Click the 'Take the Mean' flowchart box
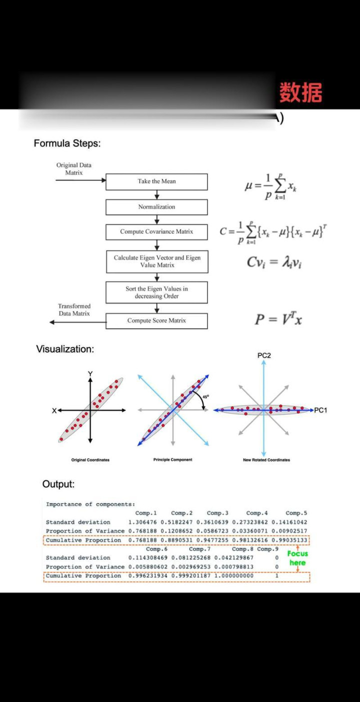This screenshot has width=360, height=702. tap(156, 182)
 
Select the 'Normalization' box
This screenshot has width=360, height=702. tap(156, 207)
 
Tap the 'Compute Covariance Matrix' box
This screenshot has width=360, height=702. tap(156, 232)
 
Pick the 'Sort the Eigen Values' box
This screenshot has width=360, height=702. tap(156, 292)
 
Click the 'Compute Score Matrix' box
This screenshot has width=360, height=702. tap(156, 321)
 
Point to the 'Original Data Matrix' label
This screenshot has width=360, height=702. tap(74, 169)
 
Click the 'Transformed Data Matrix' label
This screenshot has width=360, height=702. tap(74, 310)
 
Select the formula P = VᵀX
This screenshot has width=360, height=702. tap(278, 319)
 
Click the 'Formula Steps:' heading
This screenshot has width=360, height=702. tap(67, 144)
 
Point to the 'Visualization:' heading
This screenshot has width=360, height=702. tap(65, 349)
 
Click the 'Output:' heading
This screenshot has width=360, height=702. tap(58, 484)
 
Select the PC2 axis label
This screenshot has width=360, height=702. tap(264, 355)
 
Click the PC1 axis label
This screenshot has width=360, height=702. tap(320, 410)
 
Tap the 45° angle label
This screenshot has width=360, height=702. tap(206, 396)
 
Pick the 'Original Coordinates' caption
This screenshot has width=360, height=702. tap(90, 460)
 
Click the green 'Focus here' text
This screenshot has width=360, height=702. tap(297, 558)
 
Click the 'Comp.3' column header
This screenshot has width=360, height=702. tap(217, 513)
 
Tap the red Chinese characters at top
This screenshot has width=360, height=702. tap(300, 93)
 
